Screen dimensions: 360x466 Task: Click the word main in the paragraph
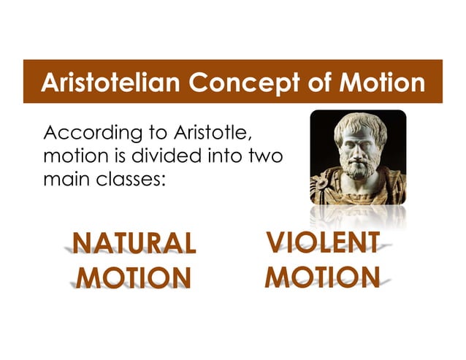[x=64, y=177]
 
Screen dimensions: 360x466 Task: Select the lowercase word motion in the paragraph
[x=71, y=156]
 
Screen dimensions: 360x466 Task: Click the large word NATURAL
[x=134, y=243]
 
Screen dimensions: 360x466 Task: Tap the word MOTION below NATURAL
[x=133, y=278]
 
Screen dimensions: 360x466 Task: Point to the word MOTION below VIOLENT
[x=323, y=277]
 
